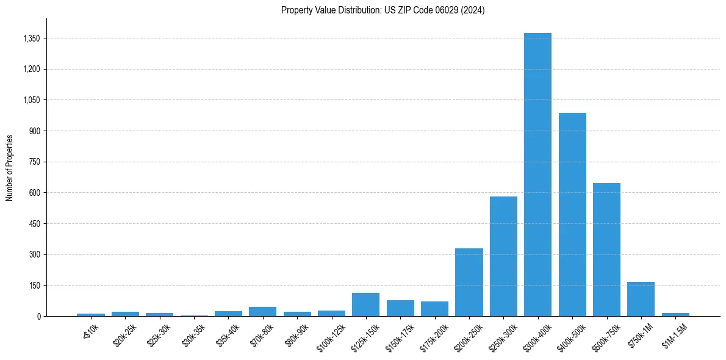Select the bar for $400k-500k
click(572, 214)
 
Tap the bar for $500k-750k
click(606, 250)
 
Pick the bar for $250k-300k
click(503, 256)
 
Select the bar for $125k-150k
click(365, 304)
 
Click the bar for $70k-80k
click(262, 311)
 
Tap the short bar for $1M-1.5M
click(675, 314)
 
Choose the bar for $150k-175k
click(400, 308)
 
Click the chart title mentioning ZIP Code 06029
click(383, 10)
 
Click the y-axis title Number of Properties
click(10, 167)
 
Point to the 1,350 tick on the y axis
click(31, 38)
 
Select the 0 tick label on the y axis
click(38, 316)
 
